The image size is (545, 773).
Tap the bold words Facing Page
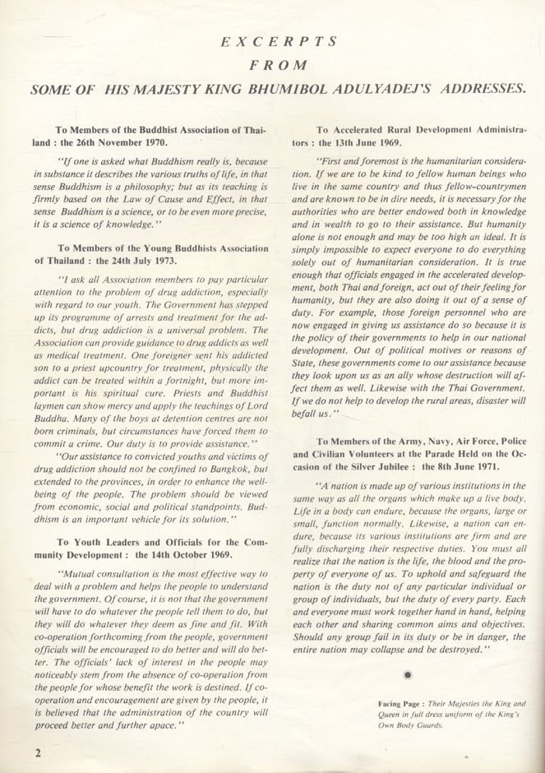point(400,704)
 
